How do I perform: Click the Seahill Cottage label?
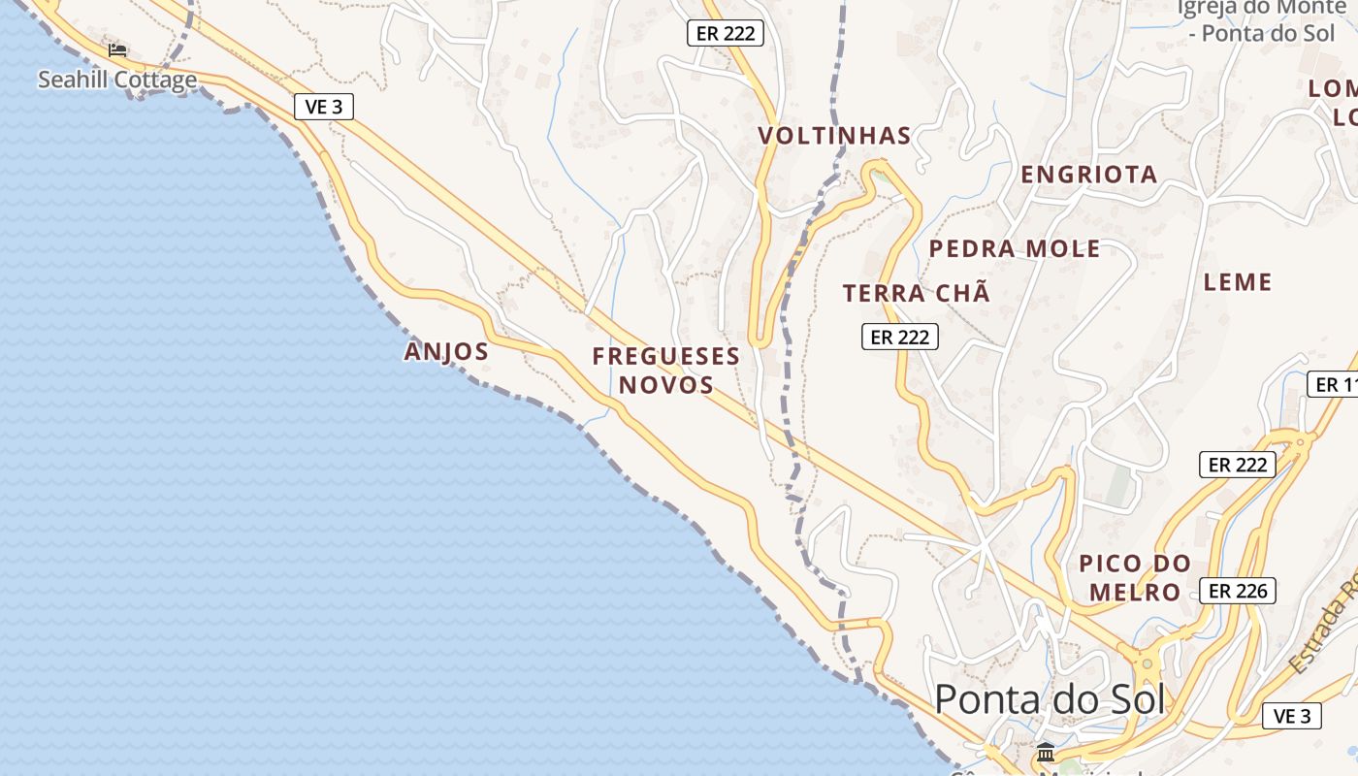pos(117,80)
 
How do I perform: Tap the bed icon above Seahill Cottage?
pos(117,49)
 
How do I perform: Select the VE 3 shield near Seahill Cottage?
pos(323,107)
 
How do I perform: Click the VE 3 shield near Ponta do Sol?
pos(1291,717)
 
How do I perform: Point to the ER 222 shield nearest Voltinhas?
pos(726,33)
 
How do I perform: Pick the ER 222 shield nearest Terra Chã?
pos(899,337)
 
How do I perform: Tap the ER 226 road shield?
pos(1237,590)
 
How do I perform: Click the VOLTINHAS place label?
pos(835,136)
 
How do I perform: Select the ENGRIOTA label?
pos(1089,175)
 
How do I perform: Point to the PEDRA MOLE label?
pos(1015,249)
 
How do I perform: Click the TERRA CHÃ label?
pos(917,293)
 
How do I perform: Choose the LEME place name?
pos(1237,282)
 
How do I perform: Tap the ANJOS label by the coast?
pos(446,351)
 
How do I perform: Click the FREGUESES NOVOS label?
pos(666,371)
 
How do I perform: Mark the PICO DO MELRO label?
pos(1135,577)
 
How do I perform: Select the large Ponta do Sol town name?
pos(1050,698)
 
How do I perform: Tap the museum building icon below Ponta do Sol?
pos(1046,752)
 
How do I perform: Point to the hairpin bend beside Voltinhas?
pos(880,172)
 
